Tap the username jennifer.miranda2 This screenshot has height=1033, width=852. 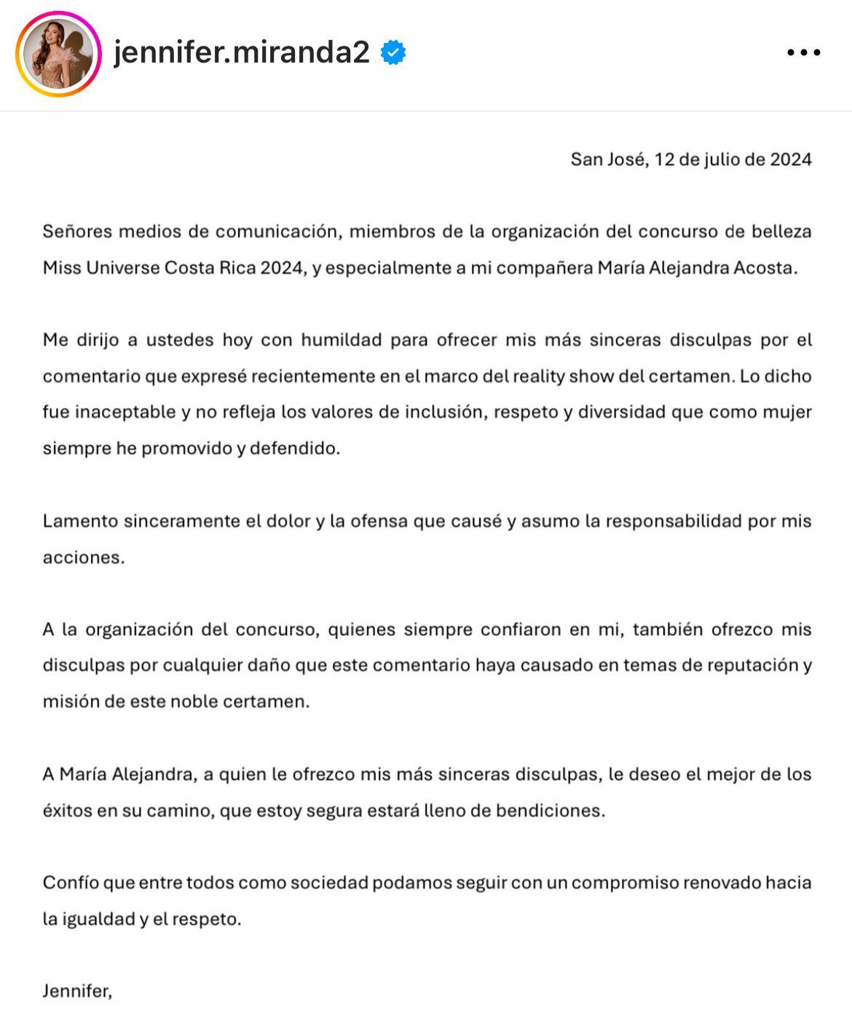[242, 52]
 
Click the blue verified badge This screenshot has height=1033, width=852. [393, 53]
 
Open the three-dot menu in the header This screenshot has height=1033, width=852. [804, 53]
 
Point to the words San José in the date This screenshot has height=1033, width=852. [608, 160]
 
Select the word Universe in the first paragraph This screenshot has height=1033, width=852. [123, 268]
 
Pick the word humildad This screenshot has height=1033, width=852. [342, 340]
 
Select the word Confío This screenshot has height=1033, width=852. [70, 883]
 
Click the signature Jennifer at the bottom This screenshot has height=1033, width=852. [76, 991]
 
